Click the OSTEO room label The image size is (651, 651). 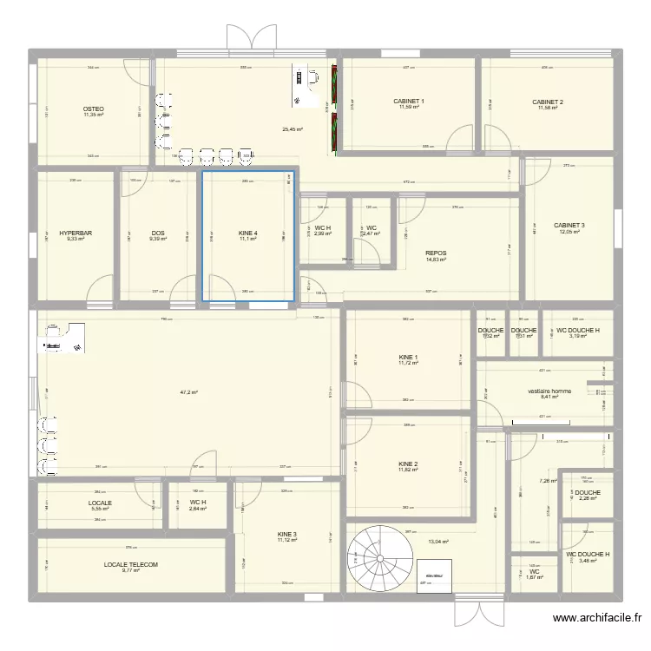[93, 108]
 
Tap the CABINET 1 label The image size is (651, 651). [410, 102]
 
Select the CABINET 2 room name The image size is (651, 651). [548, 102]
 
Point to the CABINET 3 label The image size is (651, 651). [569, 226]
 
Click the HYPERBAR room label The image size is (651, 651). [76, 233]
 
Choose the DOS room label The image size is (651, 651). [157, 233]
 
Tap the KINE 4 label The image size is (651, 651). [248, 233]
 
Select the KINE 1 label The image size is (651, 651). [408, 357]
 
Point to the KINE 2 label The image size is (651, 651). [408, 464]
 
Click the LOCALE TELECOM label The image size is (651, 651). [131, 564]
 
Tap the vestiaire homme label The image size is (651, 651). [549, 391]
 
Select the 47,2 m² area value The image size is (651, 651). [189, 392]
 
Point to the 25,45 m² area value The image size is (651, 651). [293, 129]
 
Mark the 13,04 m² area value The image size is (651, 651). [438, 542]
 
